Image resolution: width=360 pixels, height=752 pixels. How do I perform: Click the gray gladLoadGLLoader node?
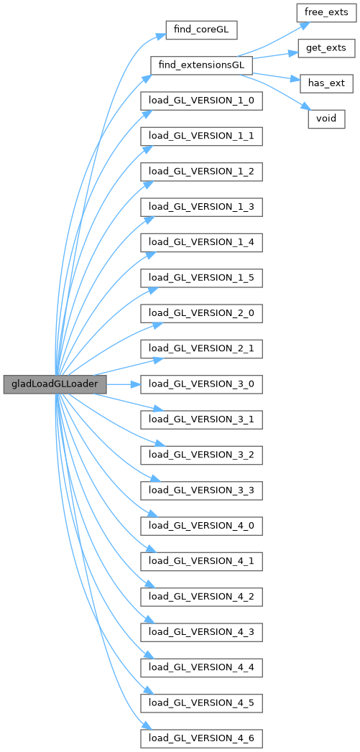(55, 385)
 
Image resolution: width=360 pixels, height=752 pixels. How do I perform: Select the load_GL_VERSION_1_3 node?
(201, 207)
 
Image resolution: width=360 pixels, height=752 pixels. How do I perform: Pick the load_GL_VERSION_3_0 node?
(201, 385)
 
